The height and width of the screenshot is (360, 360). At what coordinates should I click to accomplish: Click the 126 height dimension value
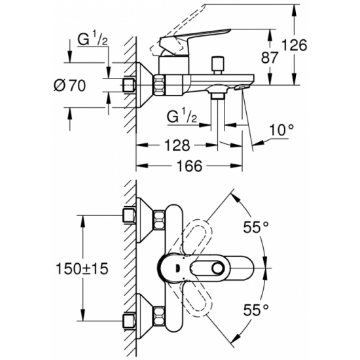294,45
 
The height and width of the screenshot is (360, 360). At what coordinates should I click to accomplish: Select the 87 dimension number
270,58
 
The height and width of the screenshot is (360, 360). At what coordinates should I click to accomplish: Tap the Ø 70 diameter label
70,85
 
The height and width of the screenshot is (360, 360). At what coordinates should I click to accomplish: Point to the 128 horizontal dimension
177,145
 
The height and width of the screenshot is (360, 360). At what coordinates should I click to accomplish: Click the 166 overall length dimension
189,166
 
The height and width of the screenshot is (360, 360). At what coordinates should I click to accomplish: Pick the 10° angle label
281,130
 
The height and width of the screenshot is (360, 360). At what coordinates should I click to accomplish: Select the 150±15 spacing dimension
82,269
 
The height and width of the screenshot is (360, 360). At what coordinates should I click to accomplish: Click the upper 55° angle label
256,227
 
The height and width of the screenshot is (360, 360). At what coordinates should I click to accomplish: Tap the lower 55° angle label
256,310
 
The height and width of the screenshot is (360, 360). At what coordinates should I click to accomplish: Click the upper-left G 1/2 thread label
93,39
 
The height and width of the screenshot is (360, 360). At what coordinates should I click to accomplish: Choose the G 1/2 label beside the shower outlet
182,117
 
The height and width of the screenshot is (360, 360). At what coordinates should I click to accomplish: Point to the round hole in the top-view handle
217,268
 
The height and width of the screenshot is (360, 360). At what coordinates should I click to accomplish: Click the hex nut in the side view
160,84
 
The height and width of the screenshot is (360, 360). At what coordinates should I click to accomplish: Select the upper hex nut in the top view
159,221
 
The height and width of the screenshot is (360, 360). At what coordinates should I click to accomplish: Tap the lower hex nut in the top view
159,316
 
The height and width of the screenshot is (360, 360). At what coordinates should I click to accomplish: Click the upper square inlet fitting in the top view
130,215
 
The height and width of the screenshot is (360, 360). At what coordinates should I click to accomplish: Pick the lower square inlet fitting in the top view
130,321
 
